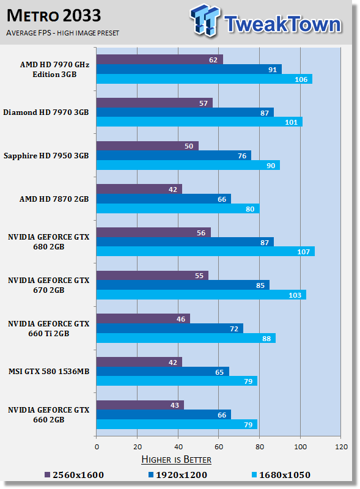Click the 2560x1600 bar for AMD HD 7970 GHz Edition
pyautogui.click(x=160, y=59)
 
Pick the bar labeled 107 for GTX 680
pyautogui.click(x=205, y=251)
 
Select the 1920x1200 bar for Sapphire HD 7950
pyautogui.click(x=174, y=155)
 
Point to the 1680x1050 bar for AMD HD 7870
pyautogui.click(x=178, y=208)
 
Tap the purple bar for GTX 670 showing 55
pyautogui.click(x=152, y=276)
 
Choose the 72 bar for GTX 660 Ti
pyautogui.click(x=170, y=328)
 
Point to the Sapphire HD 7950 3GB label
pyautogui.click(x=46, y=156)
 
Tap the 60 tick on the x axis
pyautogui.click(x=219, y=446)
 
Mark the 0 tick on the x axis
pyautogui.click(x=97, y=446)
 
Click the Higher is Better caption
pyautogui.click(x=176, y=459)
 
